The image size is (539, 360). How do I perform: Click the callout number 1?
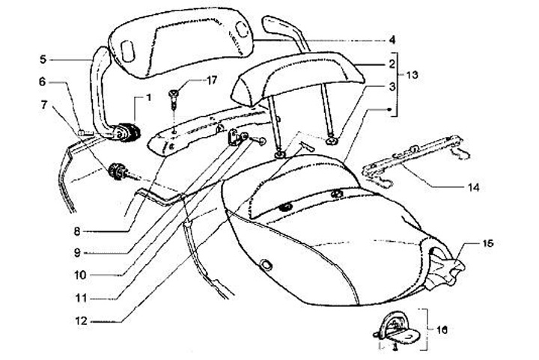pos(148,97)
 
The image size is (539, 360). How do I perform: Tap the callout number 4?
pos(392,40)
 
